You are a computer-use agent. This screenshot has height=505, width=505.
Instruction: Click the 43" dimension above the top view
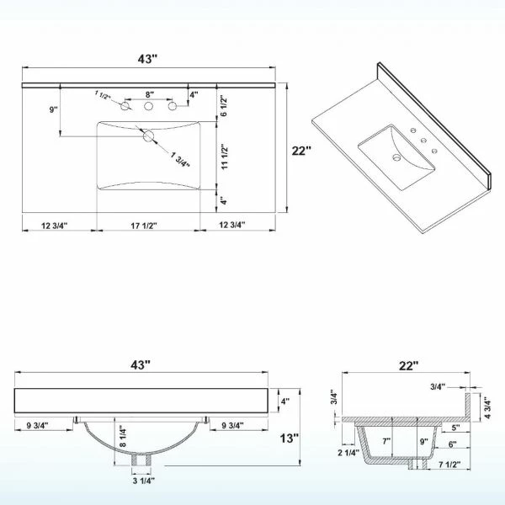point(147,59)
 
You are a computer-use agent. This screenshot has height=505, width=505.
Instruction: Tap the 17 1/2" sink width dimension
point(144,226)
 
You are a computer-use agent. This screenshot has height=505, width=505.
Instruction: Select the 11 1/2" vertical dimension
point(225,157)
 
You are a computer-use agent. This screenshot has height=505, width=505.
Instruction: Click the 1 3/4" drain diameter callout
point(180,159)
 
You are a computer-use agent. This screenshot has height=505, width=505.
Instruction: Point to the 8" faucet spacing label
point(150,94)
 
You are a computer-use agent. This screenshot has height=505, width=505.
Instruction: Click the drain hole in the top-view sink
point(149,136)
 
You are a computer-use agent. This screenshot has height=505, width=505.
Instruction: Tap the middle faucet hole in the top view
point(148,106)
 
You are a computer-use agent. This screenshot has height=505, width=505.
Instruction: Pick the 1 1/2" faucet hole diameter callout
point(103,95)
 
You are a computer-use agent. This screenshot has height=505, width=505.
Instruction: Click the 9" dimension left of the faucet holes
point(54,109)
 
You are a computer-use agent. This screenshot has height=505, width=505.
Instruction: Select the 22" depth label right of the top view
point(301,151)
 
